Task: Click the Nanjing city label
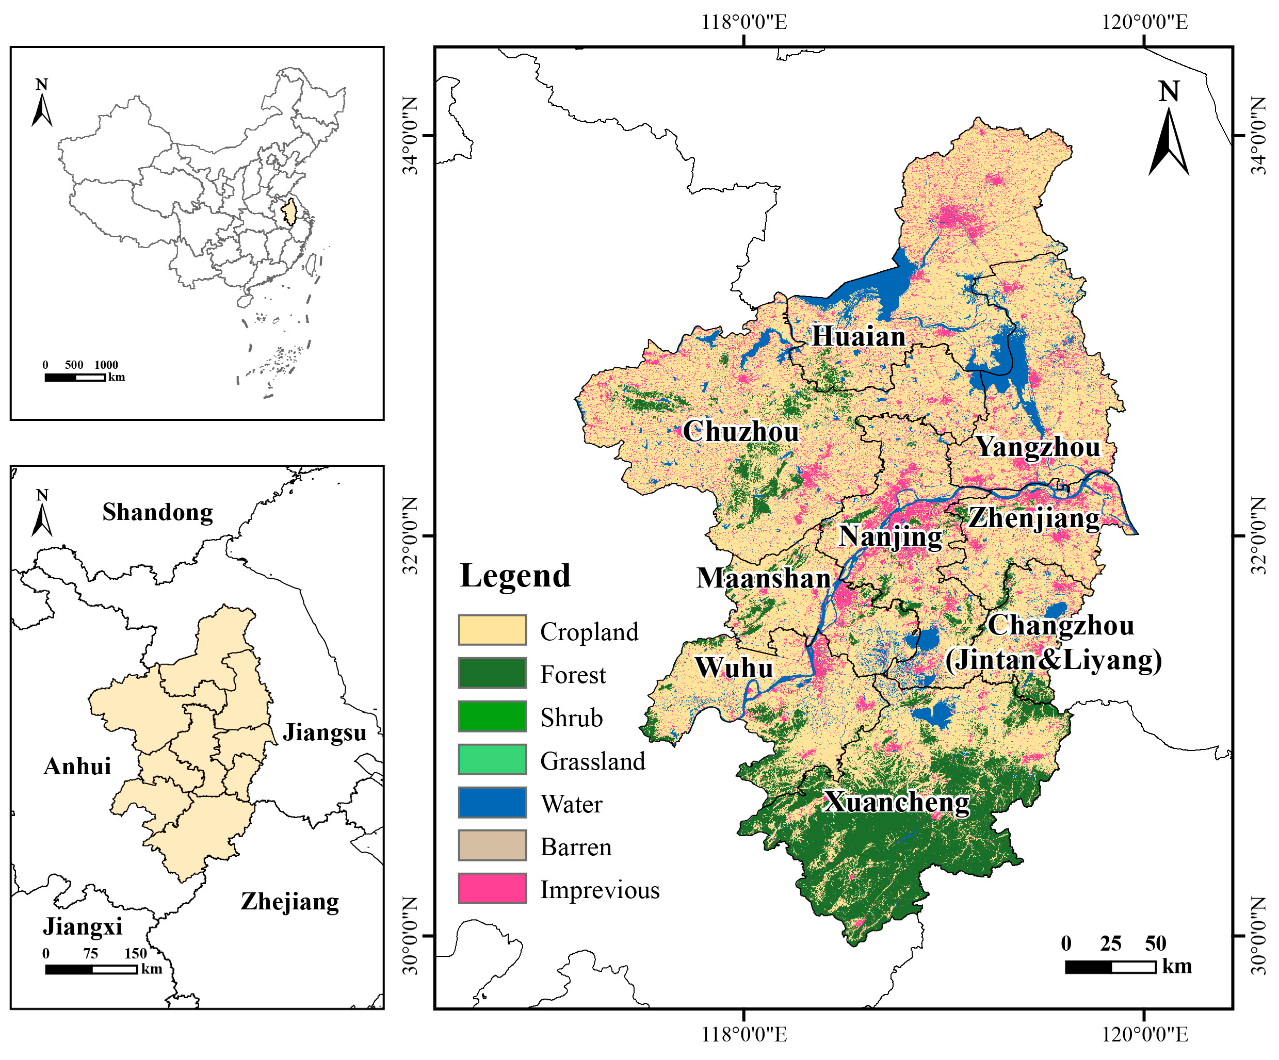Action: tap(891, 536)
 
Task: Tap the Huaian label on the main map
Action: tap(858, 337)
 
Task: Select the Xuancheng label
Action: tap(897, 802)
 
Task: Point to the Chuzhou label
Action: tap(740, 432)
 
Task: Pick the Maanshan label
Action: tap(764, 578)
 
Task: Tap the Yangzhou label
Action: tap(1039, 447)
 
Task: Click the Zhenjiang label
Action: tap(1034, 518)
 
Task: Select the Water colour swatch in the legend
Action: tap(492, 803)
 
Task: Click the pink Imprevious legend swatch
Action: tap(492, 889)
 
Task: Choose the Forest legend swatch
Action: tap(492, 673)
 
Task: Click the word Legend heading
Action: tap(515, 575)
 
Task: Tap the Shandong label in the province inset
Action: tap(158, 512)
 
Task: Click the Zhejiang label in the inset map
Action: tap(290, 902)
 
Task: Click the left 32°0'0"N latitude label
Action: tap(412, 536)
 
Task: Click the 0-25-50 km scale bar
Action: tap(1110, 967)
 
